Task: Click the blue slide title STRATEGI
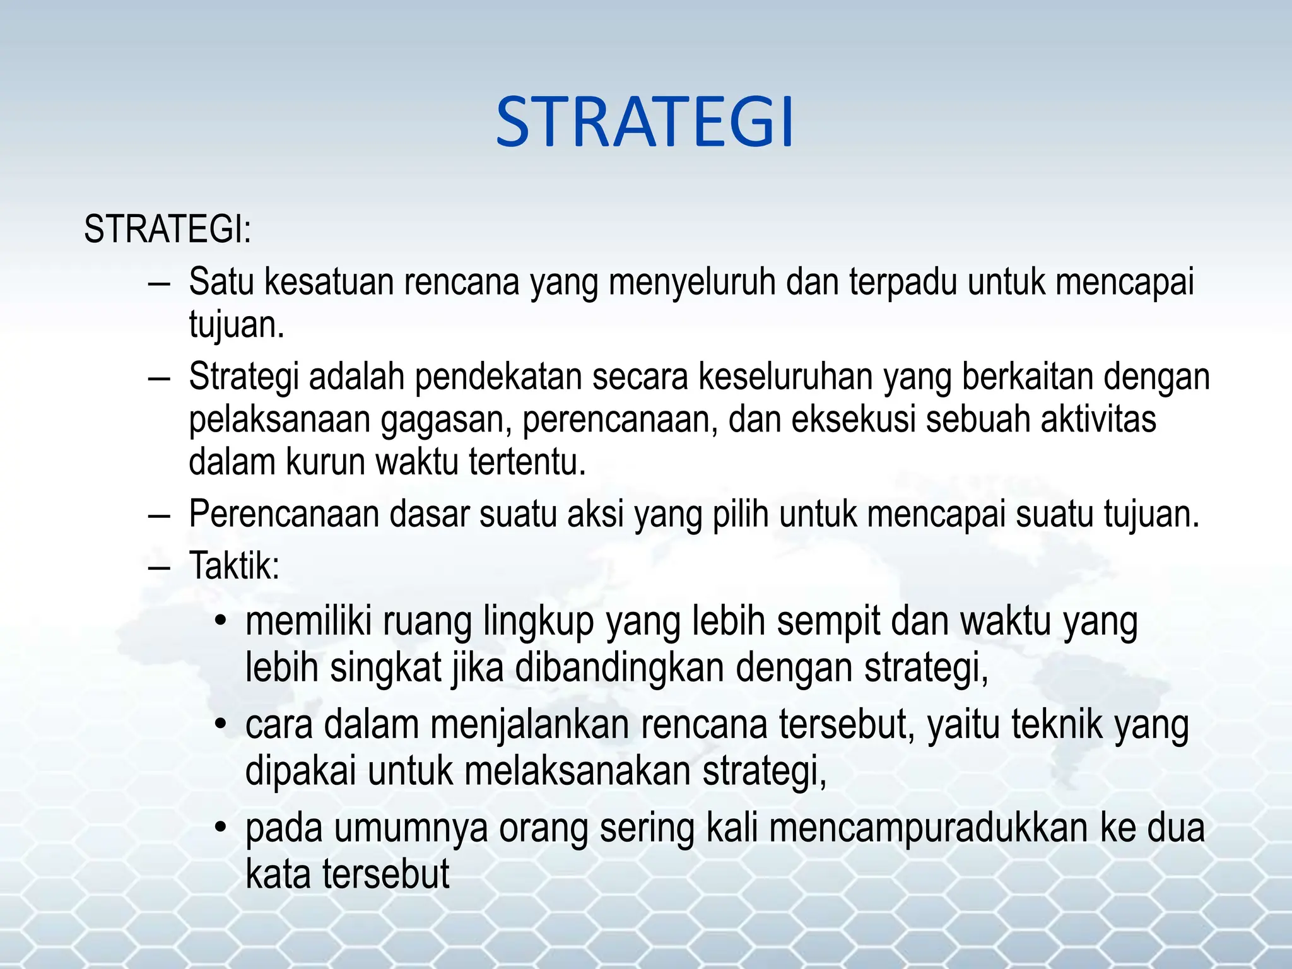coord(644,122)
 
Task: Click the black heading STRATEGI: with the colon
coord(167,229)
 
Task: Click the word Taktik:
coord(234,565)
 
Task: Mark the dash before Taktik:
coord(160,566)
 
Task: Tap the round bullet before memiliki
coord(220,621)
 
